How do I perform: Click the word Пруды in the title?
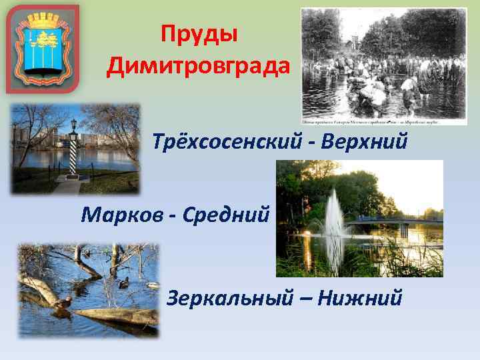[199, 34]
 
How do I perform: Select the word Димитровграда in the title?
[198, 65]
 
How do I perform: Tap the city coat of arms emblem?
[43, 48]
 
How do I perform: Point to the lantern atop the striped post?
[73, 124]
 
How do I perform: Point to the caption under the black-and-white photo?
[384, 121]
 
